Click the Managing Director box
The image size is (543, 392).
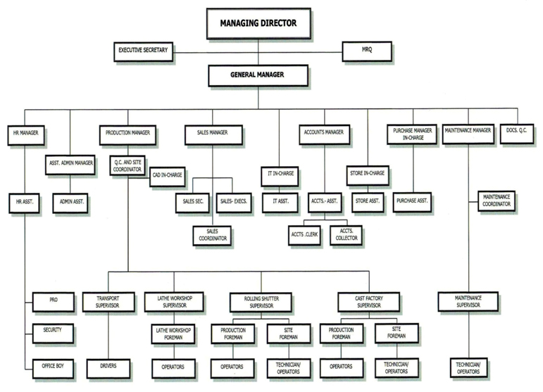258,23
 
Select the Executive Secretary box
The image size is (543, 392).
144,51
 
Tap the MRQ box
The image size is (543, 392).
367,51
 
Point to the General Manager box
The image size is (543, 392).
258,75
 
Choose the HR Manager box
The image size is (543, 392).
26,135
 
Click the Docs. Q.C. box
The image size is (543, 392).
517,134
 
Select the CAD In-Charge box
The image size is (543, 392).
167,177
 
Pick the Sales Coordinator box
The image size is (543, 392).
212,236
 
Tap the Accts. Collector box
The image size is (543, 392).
346,235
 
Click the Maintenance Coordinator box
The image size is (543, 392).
497,201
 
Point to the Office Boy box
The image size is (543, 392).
53,369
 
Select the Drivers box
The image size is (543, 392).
108,369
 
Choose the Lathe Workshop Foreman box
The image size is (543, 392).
173,334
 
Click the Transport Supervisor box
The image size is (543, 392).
108,302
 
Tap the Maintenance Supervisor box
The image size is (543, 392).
468,302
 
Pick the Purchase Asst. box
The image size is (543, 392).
412,203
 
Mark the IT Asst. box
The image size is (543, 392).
280,203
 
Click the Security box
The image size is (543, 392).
53,334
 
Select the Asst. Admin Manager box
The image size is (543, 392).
70,165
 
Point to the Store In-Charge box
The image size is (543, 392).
368,175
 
